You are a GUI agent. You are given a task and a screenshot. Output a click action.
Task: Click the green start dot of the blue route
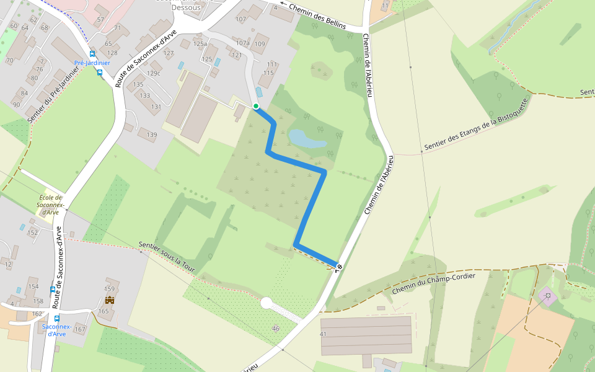[x=256, y=107]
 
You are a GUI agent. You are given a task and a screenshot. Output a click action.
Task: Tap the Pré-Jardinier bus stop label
[x=92, y=63]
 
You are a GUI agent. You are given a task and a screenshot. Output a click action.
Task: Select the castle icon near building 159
[x=110, y=300]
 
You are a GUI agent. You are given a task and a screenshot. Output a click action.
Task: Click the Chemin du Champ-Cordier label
[x=433, y=283]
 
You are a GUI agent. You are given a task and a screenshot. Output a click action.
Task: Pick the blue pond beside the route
[x=306, y=138]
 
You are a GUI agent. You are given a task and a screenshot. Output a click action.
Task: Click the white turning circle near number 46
[x=267, y=303]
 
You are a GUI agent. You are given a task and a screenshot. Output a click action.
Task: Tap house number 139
[x=152, y=135]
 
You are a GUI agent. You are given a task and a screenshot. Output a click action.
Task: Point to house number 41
[x=323, y=334]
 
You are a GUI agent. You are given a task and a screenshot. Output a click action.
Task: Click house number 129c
[x=153, y=74]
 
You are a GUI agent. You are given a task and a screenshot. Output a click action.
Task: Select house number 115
[x=268, y=73]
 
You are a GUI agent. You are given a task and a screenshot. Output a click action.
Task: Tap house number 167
[x=79, y=329]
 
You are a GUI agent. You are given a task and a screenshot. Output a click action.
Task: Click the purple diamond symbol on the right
[x=547, y=296]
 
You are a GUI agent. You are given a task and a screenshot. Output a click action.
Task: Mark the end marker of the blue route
[x=338, y=267]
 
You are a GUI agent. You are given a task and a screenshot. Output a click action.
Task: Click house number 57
[x=100, y=20]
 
